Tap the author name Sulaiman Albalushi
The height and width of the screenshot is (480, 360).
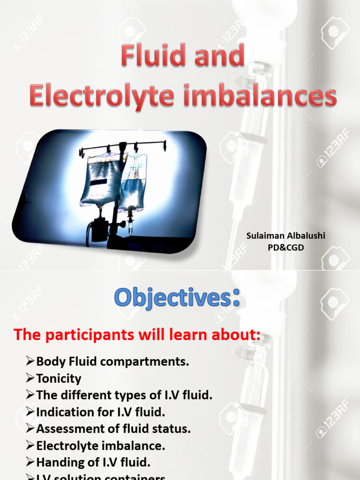coord(285,236)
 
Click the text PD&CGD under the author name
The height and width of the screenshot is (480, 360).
coord(285,247)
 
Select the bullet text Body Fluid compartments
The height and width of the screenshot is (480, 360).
coord(112,361)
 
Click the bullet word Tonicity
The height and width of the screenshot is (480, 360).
coord(59,378)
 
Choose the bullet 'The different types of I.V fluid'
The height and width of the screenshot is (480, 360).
coord(124,395)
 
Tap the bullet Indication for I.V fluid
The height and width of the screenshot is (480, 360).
coord(100,412)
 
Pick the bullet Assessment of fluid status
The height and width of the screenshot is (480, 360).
coord(113,428)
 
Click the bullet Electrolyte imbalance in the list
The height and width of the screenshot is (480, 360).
coord(100,445)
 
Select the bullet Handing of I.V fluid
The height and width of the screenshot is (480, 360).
coord(93,462)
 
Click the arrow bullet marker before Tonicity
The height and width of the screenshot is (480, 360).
coord(30,378)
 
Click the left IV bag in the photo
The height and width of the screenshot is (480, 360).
coord(101,180)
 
